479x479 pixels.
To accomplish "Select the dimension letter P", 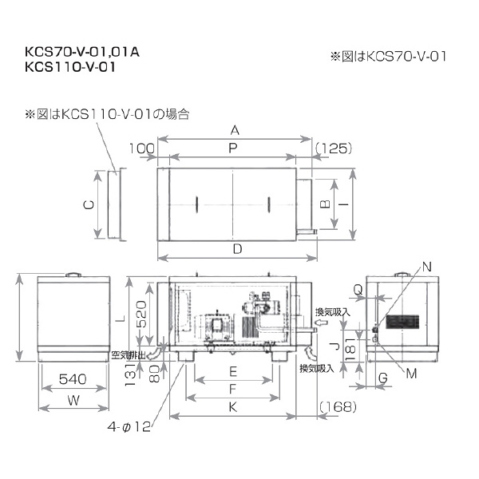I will coord(232,148).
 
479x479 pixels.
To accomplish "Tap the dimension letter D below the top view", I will coord(237,248).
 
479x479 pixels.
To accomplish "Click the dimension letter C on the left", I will coord(89,204).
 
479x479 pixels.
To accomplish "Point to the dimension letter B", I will coord(326,204).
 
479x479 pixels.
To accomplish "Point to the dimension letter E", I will coord(232,371).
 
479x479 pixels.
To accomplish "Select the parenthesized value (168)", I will coord(335,408).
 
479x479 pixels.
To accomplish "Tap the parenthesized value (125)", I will coord(334,148).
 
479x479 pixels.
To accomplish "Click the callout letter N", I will coord(426,266).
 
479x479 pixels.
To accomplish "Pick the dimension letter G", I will coord(384,377).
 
